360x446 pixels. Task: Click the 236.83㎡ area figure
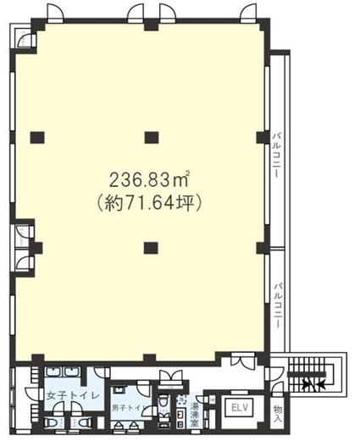[x=149, y=180]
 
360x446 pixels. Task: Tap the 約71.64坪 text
[x=149, y=203]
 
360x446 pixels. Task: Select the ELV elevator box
[x=240, y=409]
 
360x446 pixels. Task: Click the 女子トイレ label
[x=73, y=396]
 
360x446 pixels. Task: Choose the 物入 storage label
[x=278, y=414]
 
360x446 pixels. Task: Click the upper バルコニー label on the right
[x=276, y=155]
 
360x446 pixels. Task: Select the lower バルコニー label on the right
[x=278, y=305]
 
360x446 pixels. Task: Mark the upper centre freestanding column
[x=152, y=138]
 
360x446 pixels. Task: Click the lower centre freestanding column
[x=151, y=248]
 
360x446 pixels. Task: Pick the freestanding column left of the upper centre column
[x=37, y=138]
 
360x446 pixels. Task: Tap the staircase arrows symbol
[x=314, y=385]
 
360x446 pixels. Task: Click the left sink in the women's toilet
[x=53, y=372]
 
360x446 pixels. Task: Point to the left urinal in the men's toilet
[x=119, y=425]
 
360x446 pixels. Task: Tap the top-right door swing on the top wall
[x=249, y=14]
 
